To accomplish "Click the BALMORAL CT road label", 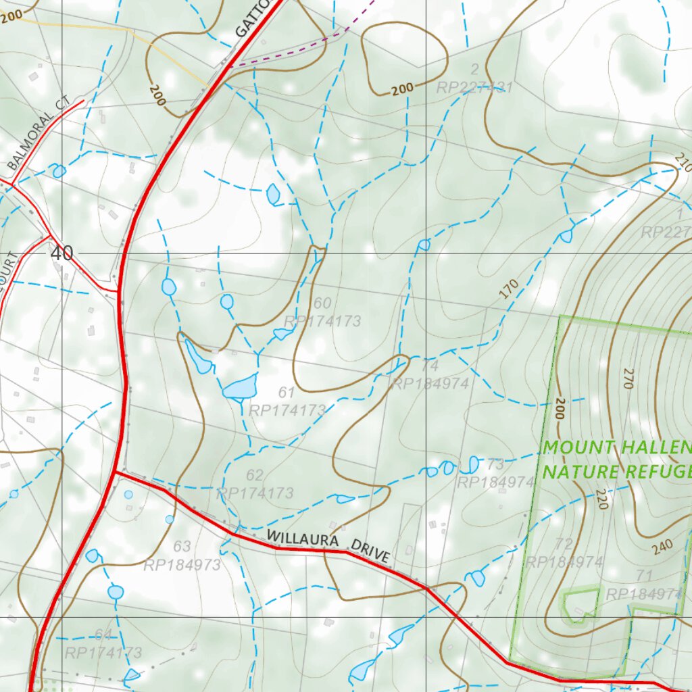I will pos(39,132).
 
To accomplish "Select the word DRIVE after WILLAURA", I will pos(370,553).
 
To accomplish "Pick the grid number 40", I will pos(61,254).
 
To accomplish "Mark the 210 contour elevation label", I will pos(682,162).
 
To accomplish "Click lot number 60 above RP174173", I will pos(322,303).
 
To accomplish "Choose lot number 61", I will pos(286,393).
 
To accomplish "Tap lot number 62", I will pos(255,476).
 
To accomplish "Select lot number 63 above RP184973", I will pos(182,547).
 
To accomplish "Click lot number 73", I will pos(495,464).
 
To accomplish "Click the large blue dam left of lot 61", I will pos(240,388).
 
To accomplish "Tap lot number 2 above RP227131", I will pos(474,69).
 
